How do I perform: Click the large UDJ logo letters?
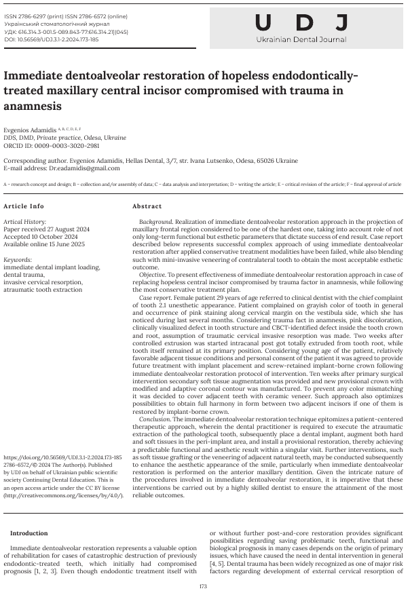click(x=302, y=23)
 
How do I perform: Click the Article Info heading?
click(x=24, y=206)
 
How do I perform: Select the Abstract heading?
click(x=147, y=206)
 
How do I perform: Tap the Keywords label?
click(x=18, y=259)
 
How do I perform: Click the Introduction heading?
click(x=29, y=533)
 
